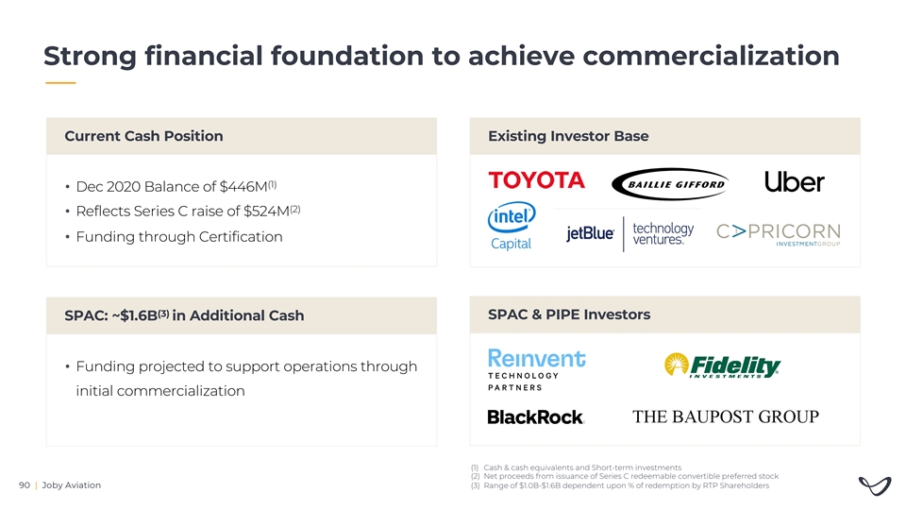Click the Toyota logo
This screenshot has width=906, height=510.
536,180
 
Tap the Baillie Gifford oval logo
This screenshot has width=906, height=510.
670,184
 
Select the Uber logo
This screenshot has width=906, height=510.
794,181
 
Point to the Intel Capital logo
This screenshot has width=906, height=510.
512,226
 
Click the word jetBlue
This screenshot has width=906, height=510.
589,233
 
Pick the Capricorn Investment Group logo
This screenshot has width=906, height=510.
779,234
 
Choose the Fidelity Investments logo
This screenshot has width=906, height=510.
722,365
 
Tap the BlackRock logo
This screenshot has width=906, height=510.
536,416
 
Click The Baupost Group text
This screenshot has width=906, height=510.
725,416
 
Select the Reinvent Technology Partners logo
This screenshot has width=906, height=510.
536,370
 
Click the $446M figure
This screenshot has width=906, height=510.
243,187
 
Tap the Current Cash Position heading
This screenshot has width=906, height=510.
143,136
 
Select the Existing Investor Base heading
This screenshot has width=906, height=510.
568,136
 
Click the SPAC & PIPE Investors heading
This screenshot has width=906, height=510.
569,314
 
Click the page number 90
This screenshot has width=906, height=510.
25,485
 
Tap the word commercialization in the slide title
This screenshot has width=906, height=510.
711,56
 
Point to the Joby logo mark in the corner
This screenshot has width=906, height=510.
875,485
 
